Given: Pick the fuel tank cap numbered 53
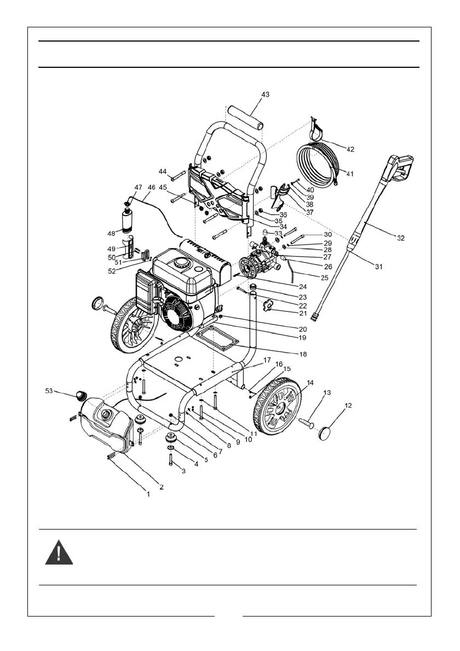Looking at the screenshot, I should pyautogui.click(x=82, y=394).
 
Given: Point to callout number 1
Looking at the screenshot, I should pyautogui.click(x=147, y=493).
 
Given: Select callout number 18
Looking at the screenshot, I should pyautogui.click(x=302, y=354).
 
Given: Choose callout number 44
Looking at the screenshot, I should pyautogui.click(x=163, y=172).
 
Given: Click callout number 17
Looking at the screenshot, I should pyautogui.click(x=267, y=360).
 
